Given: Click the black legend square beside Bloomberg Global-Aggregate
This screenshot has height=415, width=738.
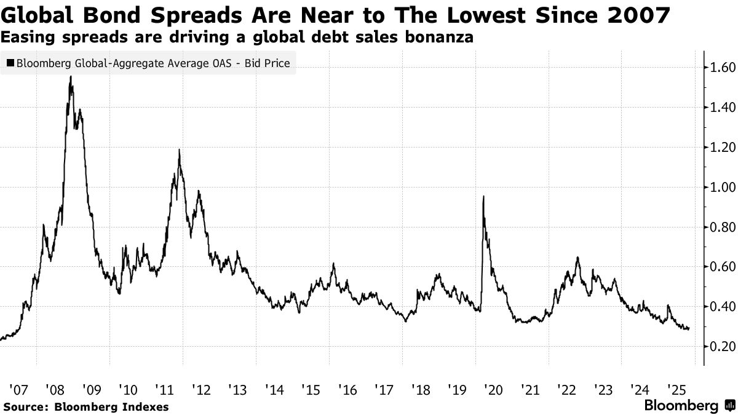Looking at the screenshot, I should click(10, 63).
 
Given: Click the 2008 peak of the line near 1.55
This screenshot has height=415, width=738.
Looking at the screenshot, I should click(71, 76).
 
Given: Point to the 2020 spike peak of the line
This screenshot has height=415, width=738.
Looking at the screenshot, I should click(483, 197).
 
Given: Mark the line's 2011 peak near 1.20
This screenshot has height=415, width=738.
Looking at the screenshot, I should click(179, 149).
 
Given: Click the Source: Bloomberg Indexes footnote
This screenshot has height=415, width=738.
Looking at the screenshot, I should click(85, 406).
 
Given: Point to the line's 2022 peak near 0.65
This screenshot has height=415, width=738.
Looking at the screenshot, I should click(578, 258).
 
